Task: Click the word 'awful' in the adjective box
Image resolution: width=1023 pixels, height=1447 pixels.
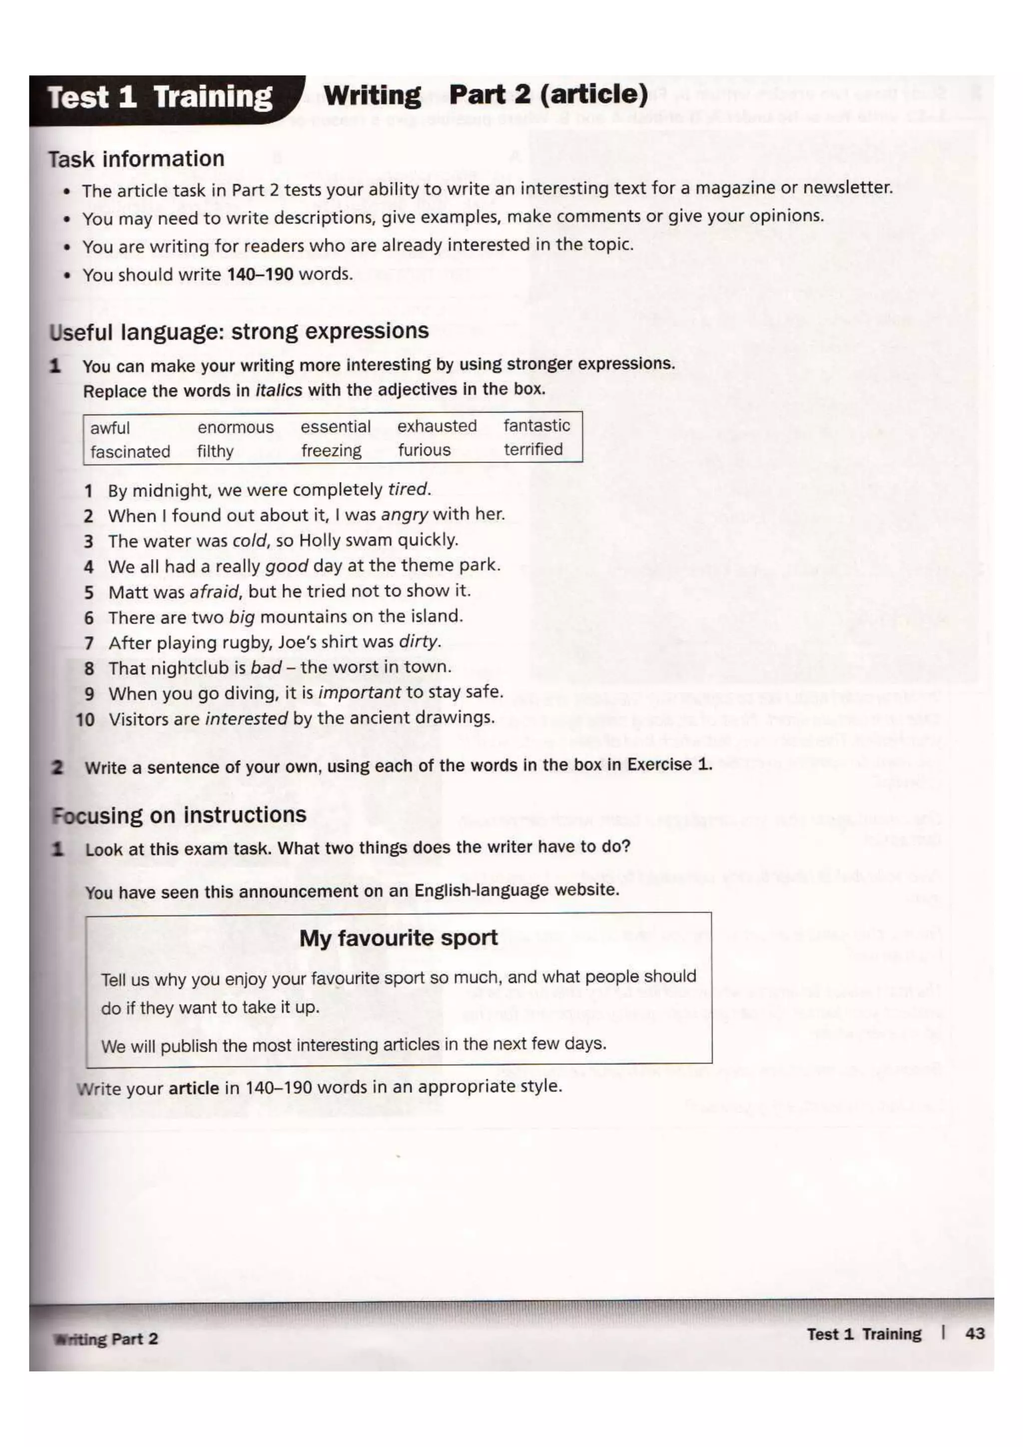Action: click(110, 428)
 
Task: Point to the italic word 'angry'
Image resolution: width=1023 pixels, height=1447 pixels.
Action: click(404, 515)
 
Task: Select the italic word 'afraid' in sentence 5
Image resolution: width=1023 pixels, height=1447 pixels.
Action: click(214, 592)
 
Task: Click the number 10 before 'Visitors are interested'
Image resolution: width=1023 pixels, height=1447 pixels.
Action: click(85, 719)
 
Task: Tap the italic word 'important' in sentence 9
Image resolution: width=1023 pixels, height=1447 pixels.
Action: click(359, 693)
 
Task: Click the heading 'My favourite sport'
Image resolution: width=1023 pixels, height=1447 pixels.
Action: click(398, 938)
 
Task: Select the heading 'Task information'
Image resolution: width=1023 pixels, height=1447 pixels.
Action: click(137, 159)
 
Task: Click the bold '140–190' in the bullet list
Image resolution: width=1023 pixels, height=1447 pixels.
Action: click(260, 274)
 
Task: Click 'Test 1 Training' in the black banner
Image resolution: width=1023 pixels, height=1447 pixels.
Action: click(160, 98)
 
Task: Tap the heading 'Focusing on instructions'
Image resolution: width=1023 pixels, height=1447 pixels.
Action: click(179, 815)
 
